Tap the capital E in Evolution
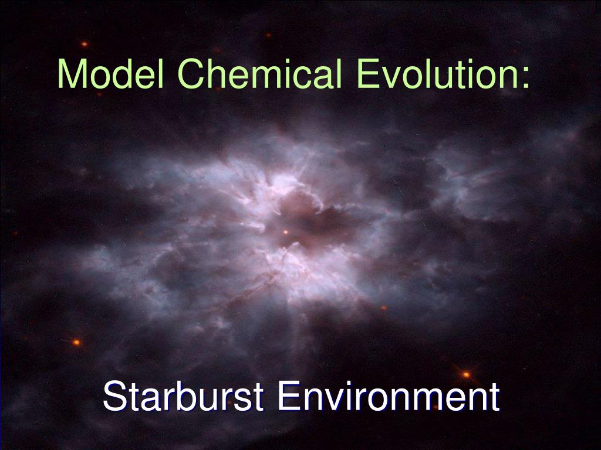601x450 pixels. click(368, 75)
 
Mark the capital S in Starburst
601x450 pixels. click(114, 397)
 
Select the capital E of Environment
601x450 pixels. click(288, 397)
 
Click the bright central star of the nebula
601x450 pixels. click(286, 232)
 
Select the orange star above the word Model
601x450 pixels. click(84, 44)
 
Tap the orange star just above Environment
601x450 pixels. click(466, 374)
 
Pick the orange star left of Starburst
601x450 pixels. click(76, 342)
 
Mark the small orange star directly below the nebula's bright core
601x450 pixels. click(383, 307)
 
